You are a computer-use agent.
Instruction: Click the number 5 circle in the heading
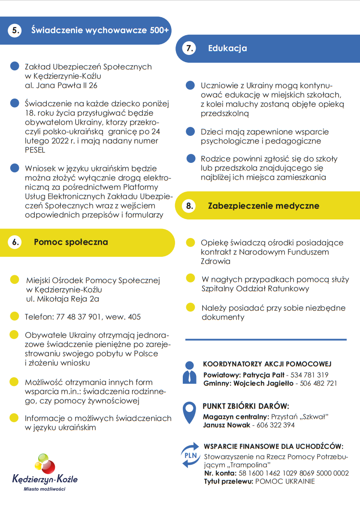tap(15, 31)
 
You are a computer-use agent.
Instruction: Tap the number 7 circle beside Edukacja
tap(189, 48)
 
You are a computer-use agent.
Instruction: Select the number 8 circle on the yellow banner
tap(189, 206)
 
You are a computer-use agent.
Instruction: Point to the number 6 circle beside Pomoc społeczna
tap(15, 242)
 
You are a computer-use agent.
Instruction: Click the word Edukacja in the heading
tap(227, 48)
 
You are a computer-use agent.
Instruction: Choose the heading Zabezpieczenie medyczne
tap(263, 206)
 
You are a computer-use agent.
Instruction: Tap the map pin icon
tap(189, 412)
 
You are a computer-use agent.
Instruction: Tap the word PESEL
tap(35, 150)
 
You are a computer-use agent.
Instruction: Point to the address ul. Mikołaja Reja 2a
tap(62, 299)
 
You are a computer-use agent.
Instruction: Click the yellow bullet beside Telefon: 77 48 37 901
tap(14, 317)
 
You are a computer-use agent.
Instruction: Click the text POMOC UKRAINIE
tap(285, 481)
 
